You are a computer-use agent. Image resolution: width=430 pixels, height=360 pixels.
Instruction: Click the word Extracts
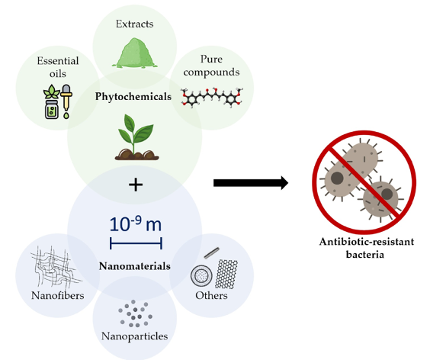pyautogui.click(x=134, y=24)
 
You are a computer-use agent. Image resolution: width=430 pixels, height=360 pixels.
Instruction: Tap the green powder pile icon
pyautogui.click(x=134, y=53)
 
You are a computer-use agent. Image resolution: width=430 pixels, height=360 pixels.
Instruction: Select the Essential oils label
pyautogui.click(x=58, y=67)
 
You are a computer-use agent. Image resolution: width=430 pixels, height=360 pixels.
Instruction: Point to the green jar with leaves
pyautogui.click(x=52, y=101)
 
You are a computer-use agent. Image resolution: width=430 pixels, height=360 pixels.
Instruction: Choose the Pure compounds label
pyautogui.click(x=211, y=66)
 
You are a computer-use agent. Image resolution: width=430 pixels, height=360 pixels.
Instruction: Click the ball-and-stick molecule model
pyautogui.click(x=212, y=97)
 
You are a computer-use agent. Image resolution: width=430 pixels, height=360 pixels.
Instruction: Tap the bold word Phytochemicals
pyautogui.click(x=133, y=97)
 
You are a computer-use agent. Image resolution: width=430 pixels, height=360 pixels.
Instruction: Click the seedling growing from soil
pyautogui.click(x=136, y=137)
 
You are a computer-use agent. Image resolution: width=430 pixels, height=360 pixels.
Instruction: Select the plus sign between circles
pyautogui.click(x=136, y=185)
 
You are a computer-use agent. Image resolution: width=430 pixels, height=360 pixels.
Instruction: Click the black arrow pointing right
pyautogui.click(x=251, y=183)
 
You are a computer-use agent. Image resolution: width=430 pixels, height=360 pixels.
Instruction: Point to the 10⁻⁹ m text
pyautogui.click(x=136, y=224)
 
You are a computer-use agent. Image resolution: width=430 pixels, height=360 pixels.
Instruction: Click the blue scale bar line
pyautogui.click(x=136, y=243)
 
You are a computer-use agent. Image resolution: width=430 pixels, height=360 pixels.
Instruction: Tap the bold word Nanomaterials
pyautogui.click(x=135, y=266)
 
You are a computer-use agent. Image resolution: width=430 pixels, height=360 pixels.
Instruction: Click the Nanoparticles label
pyautogui.click(x=135, y=336)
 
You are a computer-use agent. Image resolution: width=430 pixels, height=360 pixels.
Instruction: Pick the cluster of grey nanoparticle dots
pyautogui.click(x=135, y=313)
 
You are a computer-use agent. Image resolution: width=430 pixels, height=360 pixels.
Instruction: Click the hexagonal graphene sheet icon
pyautogui.click(x=226, y=274)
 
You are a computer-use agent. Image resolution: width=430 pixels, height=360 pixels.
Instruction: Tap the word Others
pyautogui.click(x=211, y=295)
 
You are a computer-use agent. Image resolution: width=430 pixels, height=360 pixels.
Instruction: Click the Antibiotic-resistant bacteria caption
pyautogui.click(x=367, y=248)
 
